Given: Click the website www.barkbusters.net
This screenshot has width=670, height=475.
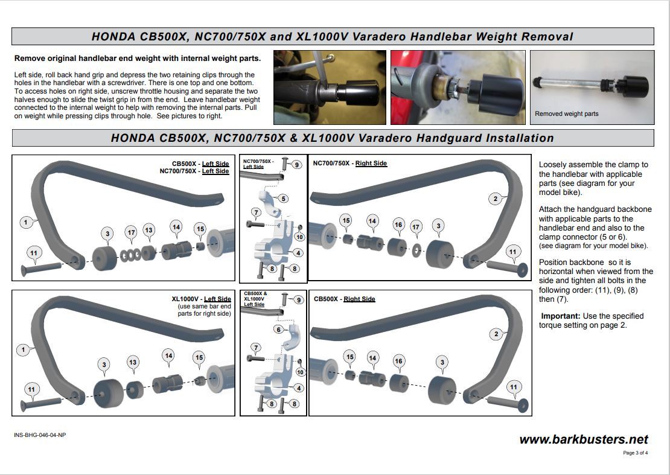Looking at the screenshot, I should [583, 439].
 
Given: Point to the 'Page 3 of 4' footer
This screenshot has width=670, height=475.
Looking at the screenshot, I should [636, 453].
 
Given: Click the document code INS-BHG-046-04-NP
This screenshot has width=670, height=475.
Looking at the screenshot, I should [40, 435].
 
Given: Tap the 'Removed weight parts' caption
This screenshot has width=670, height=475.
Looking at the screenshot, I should [566, 113].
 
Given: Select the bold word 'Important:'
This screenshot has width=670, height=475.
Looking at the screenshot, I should [561, 316].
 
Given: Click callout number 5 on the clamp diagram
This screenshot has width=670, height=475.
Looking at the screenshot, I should [283, 199].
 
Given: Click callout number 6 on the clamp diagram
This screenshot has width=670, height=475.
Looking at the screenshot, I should [278, 329].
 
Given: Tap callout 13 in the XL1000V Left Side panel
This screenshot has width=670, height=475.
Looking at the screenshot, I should [133, 362].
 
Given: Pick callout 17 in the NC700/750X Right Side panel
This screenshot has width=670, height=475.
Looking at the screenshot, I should [415, 227].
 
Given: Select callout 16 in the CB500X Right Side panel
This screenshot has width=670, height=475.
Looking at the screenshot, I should [398, 361].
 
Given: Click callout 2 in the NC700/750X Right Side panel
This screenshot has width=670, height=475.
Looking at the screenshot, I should [495, 199].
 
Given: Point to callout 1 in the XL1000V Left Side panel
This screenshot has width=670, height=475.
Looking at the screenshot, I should [24, 349].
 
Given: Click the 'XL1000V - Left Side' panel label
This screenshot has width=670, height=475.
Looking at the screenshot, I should [201, 299].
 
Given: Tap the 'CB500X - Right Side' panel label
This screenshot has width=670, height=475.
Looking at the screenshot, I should [345, 299].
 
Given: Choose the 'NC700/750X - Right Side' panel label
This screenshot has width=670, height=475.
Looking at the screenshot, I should [350, 163].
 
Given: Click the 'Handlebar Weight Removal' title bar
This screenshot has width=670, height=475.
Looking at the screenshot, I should [333, 36].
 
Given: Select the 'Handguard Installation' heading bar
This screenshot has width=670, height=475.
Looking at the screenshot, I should [333, 138].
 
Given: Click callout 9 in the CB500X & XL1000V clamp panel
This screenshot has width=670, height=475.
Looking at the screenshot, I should [298, 299].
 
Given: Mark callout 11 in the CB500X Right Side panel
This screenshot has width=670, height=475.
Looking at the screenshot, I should [513, 387].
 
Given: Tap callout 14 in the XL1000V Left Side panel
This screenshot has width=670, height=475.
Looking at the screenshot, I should [168, 355].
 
